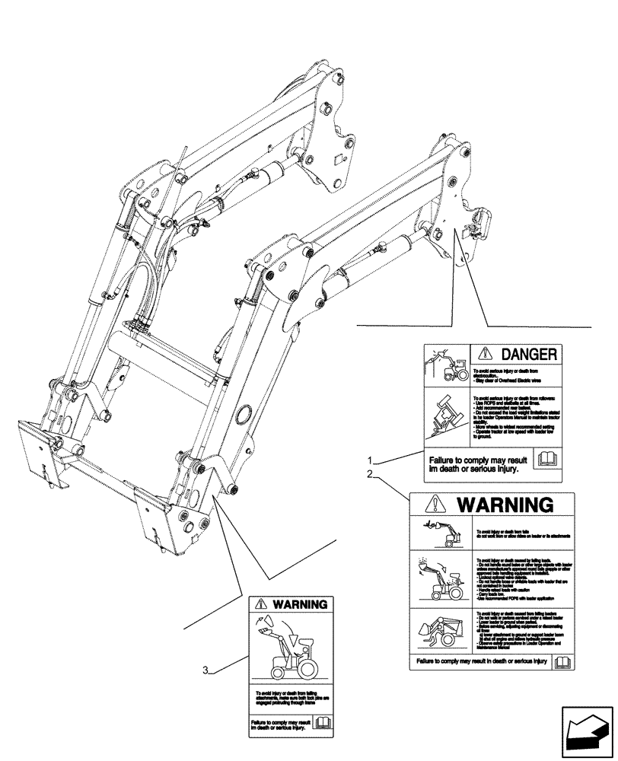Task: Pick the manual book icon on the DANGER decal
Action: pos(546,459)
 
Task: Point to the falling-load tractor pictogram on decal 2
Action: pos(438,580)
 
